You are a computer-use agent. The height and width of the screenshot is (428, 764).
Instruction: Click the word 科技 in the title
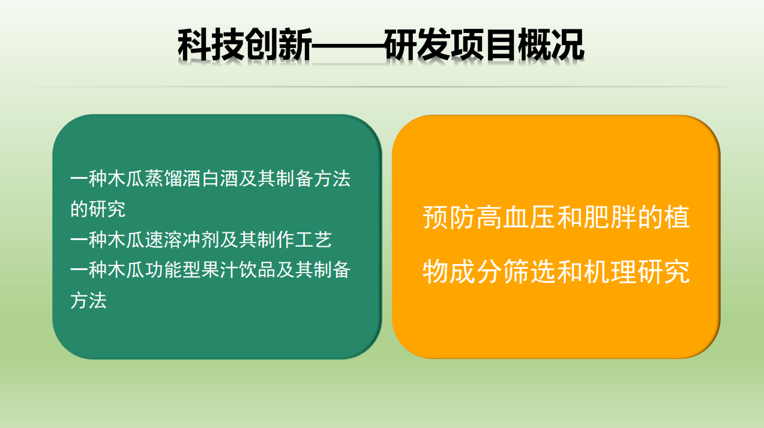[211, 44]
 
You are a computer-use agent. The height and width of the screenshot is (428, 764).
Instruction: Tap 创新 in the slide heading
[278, 44]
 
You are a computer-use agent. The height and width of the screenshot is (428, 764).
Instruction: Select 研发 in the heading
[418, 44]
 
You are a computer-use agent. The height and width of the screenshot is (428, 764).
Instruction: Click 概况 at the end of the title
[552, 44]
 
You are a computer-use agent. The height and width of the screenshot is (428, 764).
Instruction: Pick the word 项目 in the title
[485, 44]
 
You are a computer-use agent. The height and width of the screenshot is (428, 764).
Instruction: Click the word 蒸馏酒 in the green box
[173, 178]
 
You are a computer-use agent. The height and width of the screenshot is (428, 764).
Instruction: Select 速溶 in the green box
[164, 240]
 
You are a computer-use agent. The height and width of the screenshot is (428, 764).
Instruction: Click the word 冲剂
[201, 240]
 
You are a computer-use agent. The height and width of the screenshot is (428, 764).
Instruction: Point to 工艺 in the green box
[313, 240]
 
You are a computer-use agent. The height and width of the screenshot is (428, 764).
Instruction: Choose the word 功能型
[173, 270]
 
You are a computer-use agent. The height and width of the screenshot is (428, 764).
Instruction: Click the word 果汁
[220, 270]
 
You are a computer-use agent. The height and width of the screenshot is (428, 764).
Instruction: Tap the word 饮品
[257, 270]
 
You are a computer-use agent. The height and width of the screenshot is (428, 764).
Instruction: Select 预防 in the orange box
[450, 217]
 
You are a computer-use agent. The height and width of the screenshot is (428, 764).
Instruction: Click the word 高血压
[516, 217]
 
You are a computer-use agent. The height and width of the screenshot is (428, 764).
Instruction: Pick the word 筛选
[530, 271]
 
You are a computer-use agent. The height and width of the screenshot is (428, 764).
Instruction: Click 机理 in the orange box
[610, 271]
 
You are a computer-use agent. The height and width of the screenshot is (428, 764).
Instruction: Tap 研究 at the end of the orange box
[664, 271]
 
